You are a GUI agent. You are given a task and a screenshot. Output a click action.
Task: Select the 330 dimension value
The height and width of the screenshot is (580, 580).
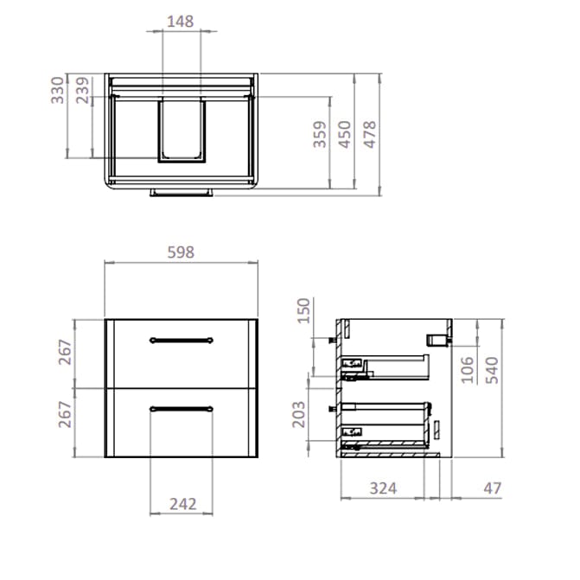tap(58, 89)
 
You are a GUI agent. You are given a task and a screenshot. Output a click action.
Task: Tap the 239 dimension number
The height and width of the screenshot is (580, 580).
tap(84, 89)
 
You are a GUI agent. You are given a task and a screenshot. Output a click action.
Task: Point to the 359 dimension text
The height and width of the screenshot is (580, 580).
tap(319, 136)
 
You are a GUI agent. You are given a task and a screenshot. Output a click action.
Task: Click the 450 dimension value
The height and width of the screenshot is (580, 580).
tap(345, 136)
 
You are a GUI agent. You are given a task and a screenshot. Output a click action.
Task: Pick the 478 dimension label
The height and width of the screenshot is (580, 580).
tap(371, 136)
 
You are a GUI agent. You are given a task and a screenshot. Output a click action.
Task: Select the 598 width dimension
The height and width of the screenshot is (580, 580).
tap(181, 252)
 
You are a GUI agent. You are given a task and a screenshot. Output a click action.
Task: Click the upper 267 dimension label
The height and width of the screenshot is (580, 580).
tap(64, 353)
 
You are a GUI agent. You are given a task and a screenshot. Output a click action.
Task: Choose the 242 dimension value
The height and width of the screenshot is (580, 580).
tap(181, 504)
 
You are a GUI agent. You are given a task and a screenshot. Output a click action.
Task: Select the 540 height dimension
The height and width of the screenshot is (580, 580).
tap(492, 369)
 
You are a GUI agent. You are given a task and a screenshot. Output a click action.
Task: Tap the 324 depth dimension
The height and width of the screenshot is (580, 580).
tap(382, 488)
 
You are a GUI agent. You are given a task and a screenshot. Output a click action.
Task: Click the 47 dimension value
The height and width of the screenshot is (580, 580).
tap(492, 488)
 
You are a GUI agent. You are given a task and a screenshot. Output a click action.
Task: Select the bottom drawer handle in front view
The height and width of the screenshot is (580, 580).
tap(181, 407)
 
